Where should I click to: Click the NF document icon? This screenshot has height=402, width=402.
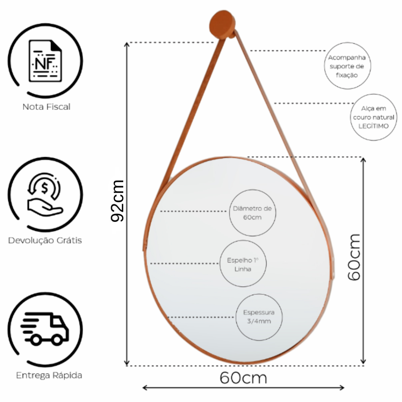[45, 61]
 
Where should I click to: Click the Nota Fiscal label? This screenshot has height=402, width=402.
[46, 107]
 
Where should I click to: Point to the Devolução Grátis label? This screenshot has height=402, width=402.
[45, 240]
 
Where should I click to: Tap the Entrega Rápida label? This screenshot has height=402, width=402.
[49, 375]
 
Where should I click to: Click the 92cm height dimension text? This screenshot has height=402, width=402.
[118, 201]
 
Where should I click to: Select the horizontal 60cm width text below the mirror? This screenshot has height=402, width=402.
[243, 378]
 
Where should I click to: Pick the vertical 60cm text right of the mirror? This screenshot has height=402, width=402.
[354, 257]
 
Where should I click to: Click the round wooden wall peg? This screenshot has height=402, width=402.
[222, 24]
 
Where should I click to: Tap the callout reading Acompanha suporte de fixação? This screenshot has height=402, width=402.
[347, 66]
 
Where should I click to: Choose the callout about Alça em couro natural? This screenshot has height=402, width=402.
[374, 117]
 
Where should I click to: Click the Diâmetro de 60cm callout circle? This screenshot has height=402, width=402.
[252, 213]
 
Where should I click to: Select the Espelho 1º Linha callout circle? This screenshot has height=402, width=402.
[243, 263]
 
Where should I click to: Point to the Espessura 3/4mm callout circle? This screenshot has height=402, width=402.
[259, 317]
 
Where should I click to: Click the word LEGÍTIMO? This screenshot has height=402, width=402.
[374, 126]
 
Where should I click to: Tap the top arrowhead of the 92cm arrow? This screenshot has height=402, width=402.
[127, 45]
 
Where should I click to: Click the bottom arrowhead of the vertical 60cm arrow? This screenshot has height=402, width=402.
[363, 361]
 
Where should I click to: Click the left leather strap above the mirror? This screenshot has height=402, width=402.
[191, 115]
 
